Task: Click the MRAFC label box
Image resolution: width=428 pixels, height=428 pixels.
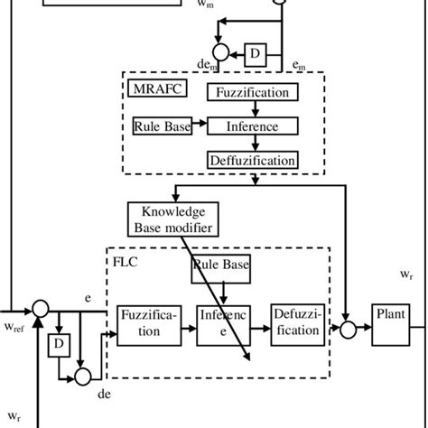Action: [x=157, y=88]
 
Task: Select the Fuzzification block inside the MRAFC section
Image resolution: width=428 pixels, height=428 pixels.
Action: [x=253, y=92]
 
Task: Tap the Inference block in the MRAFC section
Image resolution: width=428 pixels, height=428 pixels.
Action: [x=253, y=126]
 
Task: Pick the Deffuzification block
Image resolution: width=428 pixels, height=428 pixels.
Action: [x=253, y=160]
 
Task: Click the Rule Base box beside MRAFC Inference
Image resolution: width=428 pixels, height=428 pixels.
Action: [x=163, y=126]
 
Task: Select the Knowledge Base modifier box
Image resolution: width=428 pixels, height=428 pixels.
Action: [x=173, y=219]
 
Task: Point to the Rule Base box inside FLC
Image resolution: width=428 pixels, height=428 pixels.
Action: [x=221, y=269]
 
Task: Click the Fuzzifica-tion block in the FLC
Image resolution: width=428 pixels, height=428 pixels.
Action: [x=149, y=325]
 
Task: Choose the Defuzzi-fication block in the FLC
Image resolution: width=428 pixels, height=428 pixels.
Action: [x=298, y=325]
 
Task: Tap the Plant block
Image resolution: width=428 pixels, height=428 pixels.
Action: [x=391, y=325]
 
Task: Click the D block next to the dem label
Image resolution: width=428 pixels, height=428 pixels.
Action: [x=256, y=55]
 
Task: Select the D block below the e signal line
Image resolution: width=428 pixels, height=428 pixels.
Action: [x=59, y=345]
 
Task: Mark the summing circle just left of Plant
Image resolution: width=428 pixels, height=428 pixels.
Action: [x=349, y=330]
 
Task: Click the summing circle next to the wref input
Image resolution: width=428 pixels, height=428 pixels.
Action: [x=41, y=309]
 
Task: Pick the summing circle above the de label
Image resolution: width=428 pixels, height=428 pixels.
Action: [x=83, y=377]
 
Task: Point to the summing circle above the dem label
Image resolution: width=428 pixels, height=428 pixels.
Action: [x=221, y=51]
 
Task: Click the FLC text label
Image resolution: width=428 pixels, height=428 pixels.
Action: [x=126, y=262]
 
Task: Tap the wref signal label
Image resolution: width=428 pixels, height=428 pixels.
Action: [x=14, y=327]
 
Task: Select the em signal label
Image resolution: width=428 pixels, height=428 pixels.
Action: [x=299, y=65]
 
